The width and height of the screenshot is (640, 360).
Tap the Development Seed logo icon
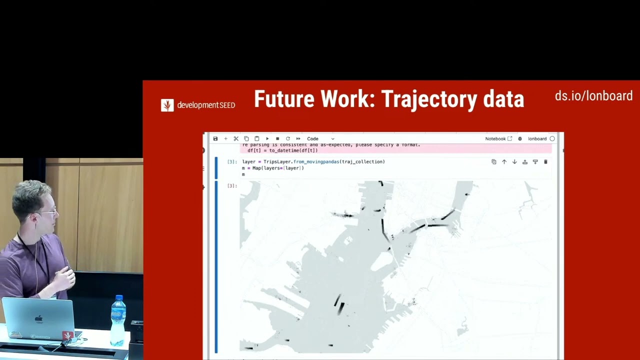[x=167, y=105]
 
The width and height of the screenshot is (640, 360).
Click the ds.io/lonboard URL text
[x=593, y=96]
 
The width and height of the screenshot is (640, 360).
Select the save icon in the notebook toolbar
[x=215, y=138]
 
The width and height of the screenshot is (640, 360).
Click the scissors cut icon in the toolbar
[x=236, y=138]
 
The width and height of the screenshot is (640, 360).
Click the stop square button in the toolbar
[x=277, y=138]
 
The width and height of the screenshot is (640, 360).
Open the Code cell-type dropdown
[x=320, y=138]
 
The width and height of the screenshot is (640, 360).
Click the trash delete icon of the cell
[x=545, y=162]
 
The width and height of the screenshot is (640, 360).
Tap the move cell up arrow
[x=504, y=162]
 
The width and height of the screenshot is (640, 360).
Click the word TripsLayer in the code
[x=277, y=162]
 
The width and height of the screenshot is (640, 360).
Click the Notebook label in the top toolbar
[x=495, y=138]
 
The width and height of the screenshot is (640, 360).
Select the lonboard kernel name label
[x=537, y=138]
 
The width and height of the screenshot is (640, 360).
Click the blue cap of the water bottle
[x=119, y=298]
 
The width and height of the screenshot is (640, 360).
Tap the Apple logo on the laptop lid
[x=39, y=318]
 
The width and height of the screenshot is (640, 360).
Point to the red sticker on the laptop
[x=66, y=335]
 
